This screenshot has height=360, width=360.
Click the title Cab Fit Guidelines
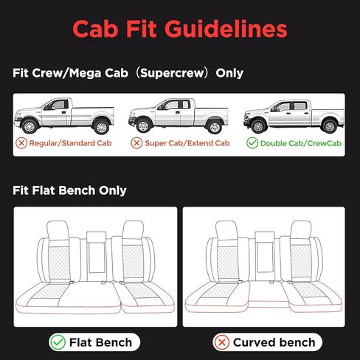point(179,30)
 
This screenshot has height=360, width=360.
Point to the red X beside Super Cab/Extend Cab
point(136,142)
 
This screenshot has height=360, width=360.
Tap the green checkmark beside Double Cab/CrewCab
point(251,142)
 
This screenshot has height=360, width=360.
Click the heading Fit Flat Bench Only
point(69,190)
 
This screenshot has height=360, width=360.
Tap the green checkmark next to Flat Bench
point(57,342)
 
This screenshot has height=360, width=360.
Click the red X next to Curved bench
point(221,342)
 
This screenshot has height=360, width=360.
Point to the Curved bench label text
point(273,342)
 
